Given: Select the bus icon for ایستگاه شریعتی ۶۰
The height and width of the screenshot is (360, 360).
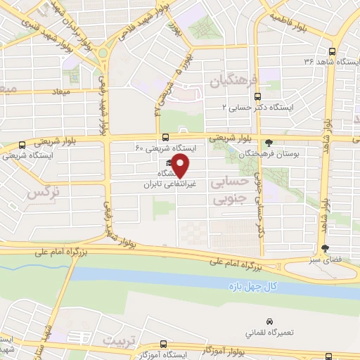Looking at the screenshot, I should tap(165, 137).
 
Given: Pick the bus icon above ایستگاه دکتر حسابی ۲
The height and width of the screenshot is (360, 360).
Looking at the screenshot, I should tap(257, 96).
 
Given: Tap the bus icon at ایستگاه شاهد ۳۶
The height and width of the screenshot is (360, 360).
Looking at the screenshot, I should tap(333, 51).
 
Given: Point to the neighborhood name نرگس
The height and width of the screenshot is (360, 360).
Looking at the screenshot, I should tap(41, 191).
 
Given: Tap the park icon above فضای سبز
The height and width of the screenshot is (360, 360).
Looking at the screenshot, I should tap(324, 248).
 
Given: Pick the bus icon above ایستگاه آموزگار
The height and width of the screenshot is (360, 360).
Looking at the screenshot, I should tap(165, 345).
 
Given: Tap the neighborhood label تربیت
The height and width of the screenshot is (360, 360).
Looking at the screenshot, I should tap(116, 340).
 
